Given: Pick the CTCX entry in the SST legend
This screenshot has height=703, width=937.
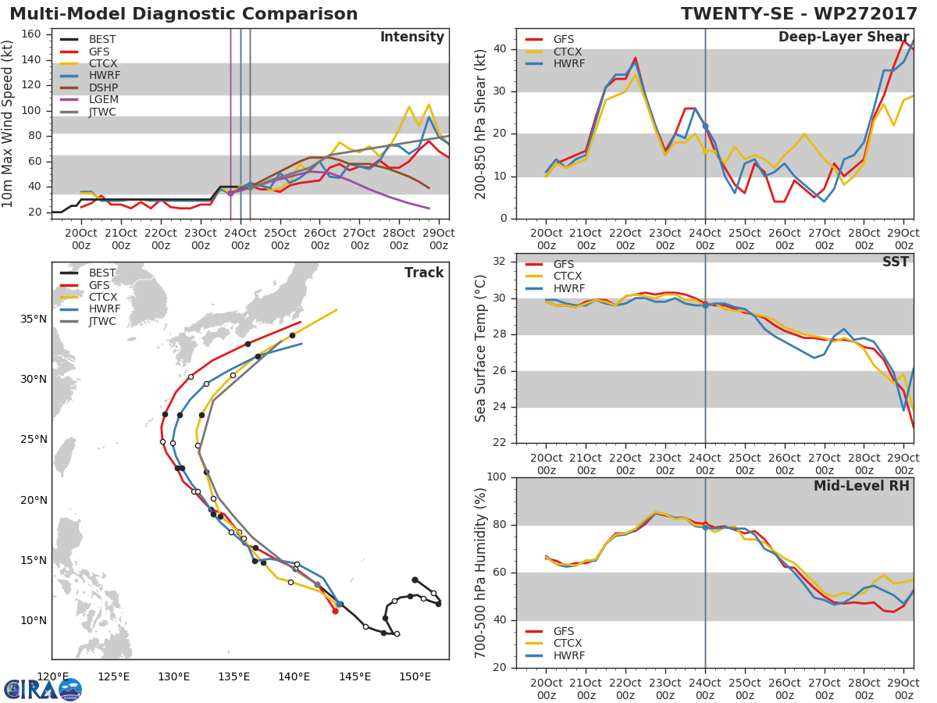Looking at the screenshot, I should (x=567, y=277).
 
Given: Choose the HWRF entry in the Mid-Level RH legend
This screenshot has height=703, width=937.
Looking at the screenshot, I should (x=568, y=656).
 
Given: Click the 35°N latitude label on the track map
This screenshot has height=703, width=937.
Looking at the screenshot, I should (x=33, y=319).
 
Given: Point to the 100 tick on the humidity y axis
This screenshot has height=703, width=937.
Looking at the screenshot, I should (x=497, y=477).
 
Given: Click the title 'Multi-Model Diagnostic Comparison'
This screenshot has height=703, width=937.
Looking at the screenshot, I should (x=183, y=14).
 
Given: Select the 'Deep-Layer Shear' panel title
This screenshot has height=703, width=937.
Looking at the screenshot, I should (x=843, y=37).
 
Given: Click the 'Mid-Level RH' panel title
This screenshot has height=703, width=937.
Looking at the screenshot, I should (x=860, y=486).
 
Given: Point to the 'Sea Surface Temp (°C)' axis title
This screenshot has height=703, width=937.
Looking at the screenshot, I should (x=481, y=348).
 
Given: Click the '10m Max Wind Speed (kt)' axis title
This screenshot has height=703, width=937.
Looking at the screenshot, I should (x=9, y=123).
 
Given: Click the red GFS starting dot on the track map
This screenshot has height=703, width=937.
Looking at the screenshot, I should (x=335, y=611).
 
